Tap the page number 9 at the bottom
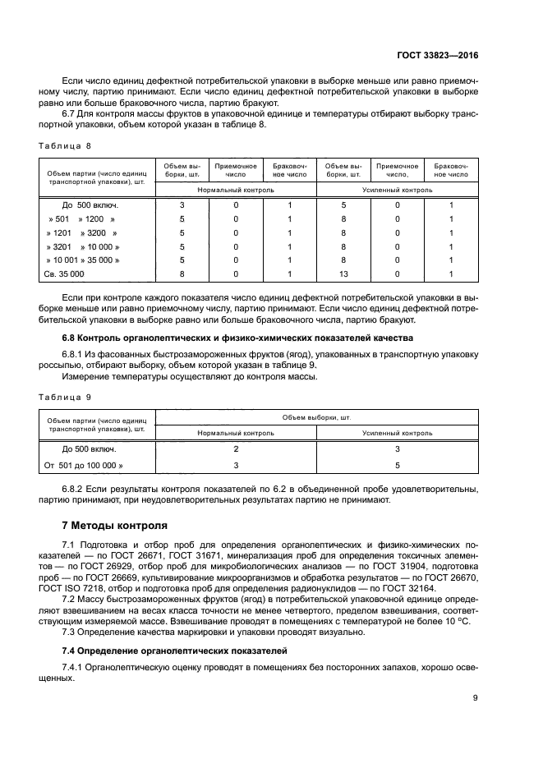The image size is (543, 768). pos(476,698)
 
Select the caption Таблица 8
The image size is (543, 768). pos(65,145)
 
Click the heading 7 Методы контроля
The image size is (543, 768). pos(114,524)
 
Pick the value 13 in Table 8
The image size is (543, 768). pos(344,274)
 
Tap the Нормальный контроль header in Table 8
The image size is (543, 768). pos(235,188)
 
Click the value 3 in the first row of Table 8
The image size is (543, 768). pos(182,205)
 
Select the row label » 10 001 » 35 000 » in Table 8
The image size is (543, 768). pos(83,260)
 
